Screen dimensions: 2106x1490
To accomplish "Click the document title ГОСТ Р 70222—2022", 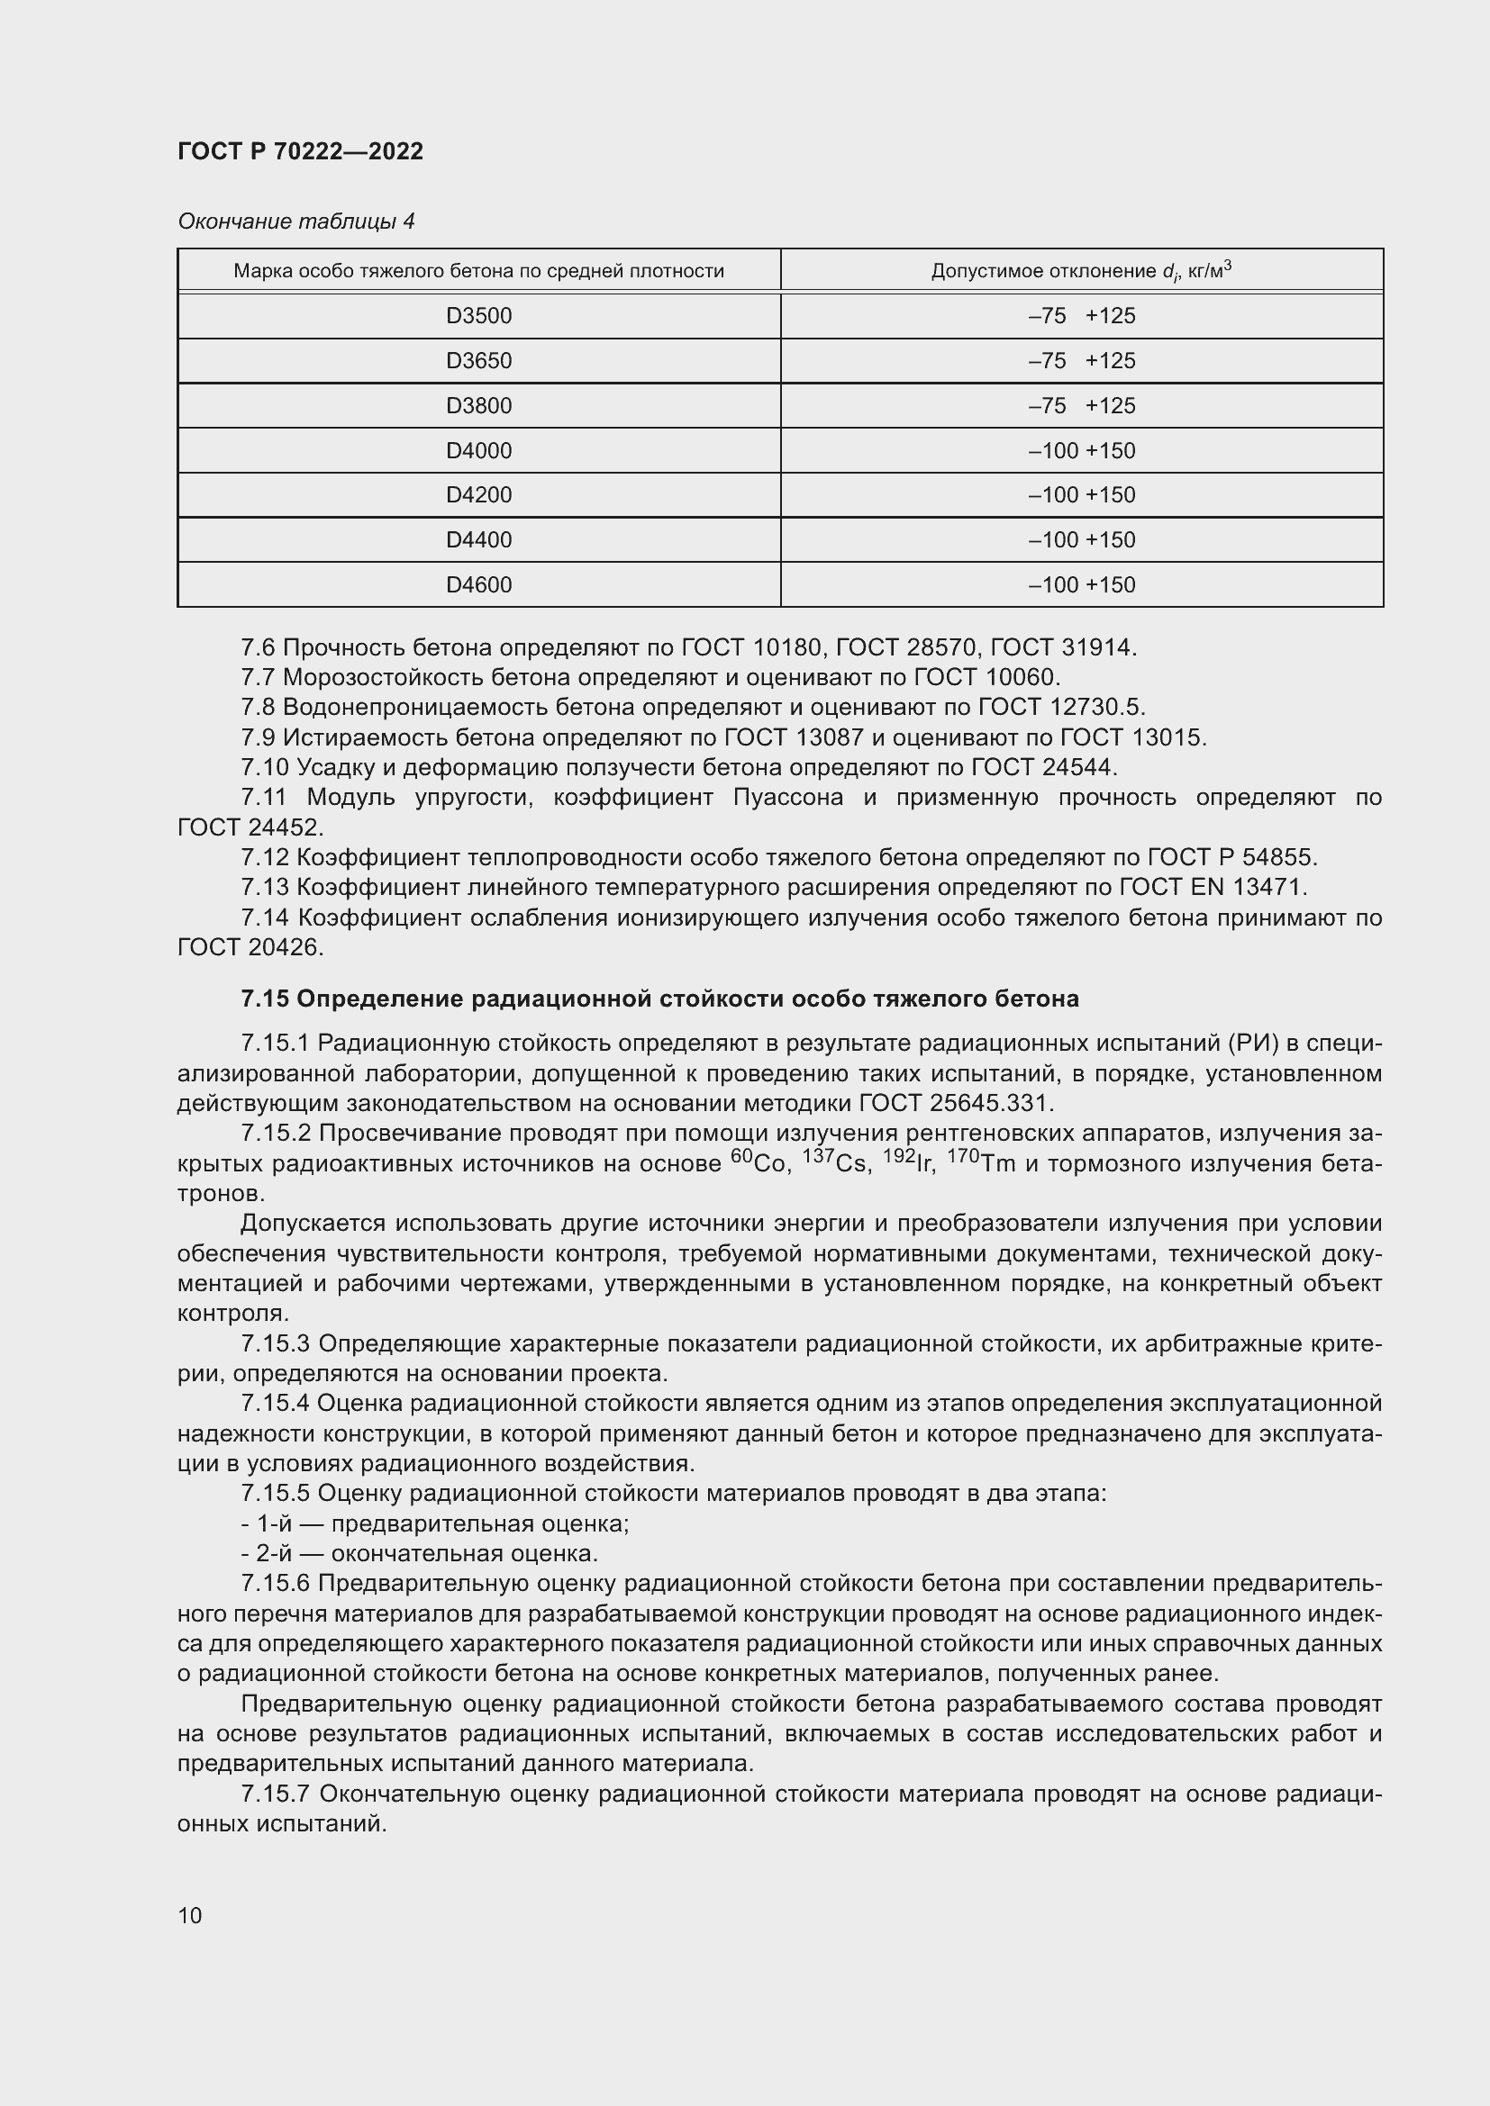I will click(300, 151).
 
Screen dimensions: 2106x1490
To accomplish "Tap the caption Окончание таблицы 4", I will click(295, 221).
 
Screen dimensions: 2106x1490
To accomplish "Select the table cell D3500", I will click(478, 315).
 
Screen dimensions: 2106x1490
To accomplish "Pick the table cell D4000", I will click(478, 450).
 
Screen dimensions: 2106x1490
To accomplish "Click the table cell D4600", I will click(478, 584).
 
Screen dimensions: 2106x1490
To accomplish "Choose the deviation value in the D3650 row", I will click(1081, 360).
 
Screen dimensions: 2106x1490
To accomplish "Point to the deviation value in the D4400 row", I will click(1081, 539).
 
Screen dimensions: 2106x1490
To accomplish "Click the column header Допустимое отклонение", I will click(1081, 271).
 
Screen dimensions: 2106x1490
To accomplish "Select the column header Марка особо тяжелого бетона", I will click(478, 271).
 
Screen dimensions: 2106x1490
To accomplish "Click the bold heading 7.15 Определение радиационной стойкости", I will click(659, 999).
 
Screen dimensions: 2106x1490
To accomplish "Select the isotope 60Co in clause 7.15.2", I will click(759, 1163).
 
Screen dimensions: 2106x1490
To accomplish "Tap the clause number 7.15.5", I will click(276, 1493).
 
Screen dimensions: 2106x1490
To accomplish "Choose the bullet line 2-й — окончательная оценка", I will click(419, 1553).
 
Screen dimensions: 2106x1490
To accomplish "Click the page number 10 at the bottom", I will click(190, 1914).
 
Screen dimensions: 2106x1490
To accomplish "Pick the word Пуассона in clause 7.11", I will click(787, 797).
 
